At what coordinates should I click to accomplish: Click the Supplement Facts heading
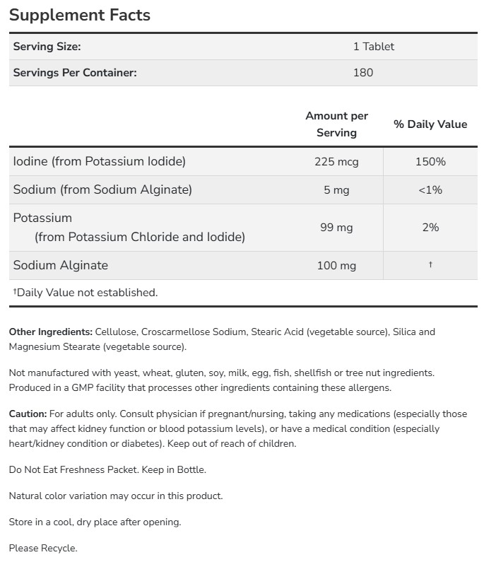pyautogui.click(x=80, y=15)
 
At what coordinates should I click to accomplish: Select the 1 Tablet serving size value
pyautogui.click(x=373, y=47)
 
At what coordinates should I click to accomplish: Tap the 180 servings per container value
pyautogui.click(x=362, y=72)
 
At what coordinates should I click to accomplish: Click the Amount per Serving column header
pyautogui.click(x=336, y=124)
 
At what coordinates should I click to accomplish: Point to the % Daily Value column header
pyautogui.click(x=430, y=124)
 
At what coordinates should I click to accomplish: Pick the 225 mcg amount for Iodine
pyautogui.click(x=336, y=161)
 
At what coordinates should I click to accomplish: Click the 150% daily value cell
pyautogui.click(x=430, y=161)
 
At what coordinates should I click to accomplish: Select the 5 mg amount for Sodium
pyautogui.click(x=336, y=189)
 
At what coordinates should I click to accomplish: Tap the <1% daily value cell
pyautogui.click(x=430, y=189)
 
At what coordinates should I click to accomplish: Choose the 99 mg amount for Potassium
pyautogui.click(x=336, y=227)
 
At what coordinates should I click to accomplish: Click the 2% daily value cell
pyautogui.click(x=430, y=227)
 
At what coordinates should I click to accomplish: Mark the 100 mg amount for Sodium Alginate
pyautogui.click(x=336, y=265)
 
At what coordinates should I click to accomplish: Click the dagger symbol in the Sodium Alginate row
pyautogui.click(x=430, y=264)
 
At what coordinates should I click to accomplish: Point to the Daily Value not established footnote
pyautogui.click(x=85, y=292)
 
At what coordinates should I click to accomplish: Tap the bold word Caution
pyautogui.click(x=28, y=414)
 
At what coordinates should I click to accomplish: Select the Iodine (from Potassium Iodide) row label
pyautogui.click(x=100, y=161)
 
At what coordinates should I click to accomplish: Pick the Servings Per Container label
pyautogui.click(x=75, y=72)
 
